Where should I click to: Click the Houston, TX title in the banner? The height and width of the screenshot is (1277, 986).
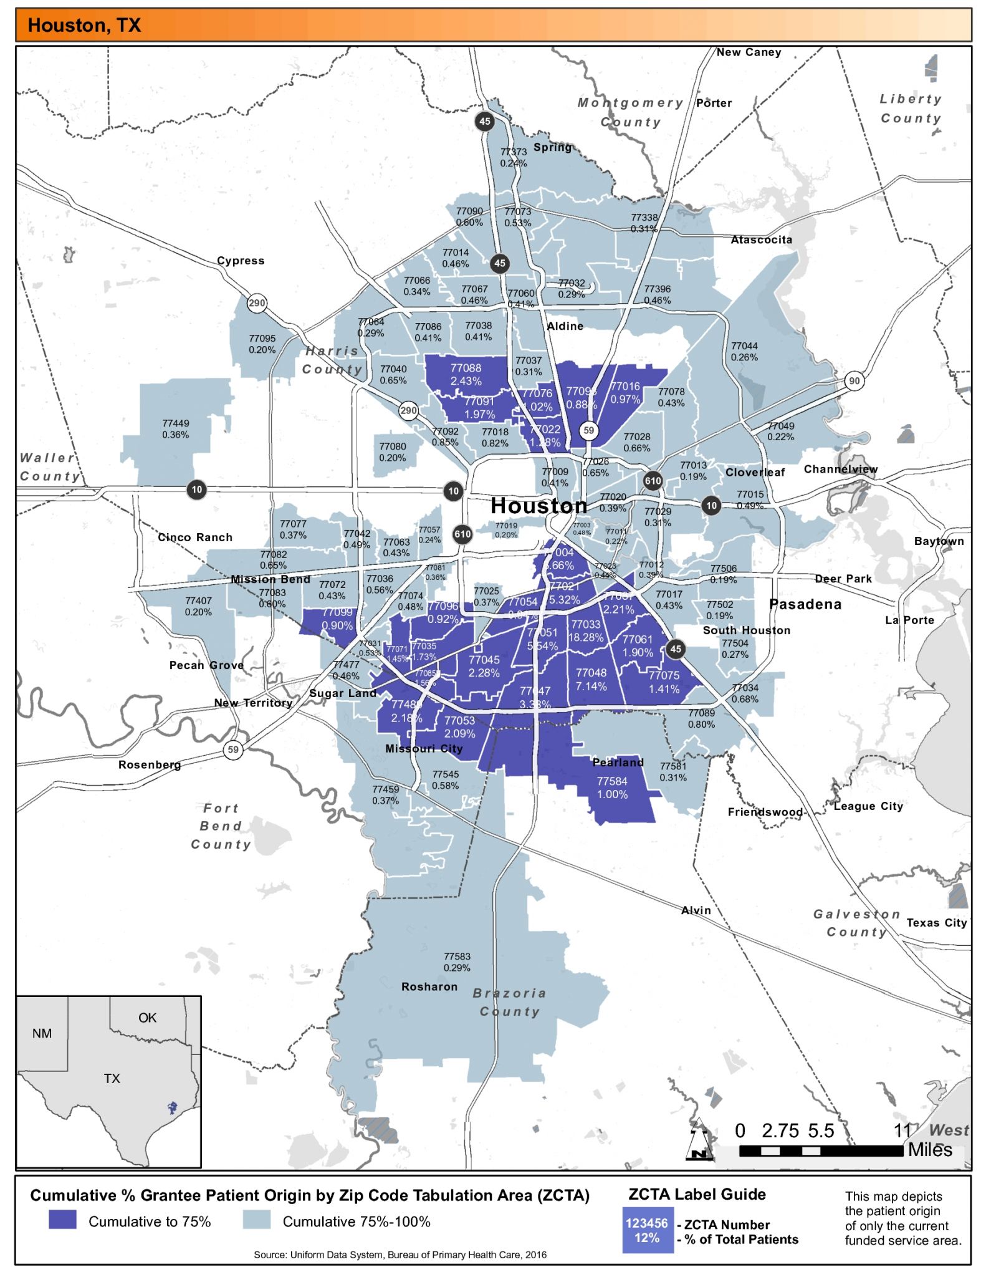85,26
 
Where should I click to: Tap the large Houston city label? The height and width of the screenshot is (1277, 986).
538,506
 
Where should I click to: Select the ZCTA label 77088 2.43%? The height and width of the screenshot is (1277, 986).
466,375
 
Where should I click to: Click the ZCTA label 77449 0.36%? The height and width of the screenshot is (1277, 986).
175,429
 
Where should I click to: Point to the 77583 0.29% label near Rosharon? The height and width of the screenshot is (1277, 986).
457,962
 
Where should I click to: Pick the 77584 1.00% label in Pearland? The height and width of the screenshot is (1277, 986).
612,788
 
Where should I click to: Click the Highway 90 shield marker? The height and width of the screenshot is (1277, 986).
854,381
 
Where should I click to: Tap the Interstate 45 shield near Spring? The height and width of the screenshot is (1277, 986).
485,121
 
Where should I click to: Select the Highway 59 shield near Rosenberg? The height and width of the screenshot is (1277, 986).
233,749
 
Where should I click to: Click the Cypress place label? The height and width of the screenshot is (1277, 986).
241,261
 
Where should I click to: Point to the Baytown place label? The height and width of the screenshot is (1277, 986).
939,541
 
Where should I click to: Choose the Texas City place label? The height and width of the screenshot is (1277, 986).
936,923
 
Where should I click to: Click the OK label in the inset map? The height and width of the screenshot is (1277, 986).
148,1018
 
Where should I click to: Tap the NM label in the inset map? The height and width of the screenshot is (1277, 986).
42,1034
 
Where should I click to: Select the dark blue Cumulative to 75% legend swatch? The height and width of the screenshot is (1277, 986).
62,1220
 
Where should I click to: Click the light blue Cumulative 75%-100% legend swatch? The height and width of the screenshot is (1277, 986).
257,1220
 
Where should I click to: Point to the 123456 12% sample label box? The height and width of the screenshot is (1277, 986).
647,1230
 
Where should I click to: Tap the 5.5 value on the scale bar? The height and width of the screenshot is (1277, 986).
821,1131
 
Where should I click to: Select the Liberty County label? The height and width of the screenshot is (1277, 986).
910,108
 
